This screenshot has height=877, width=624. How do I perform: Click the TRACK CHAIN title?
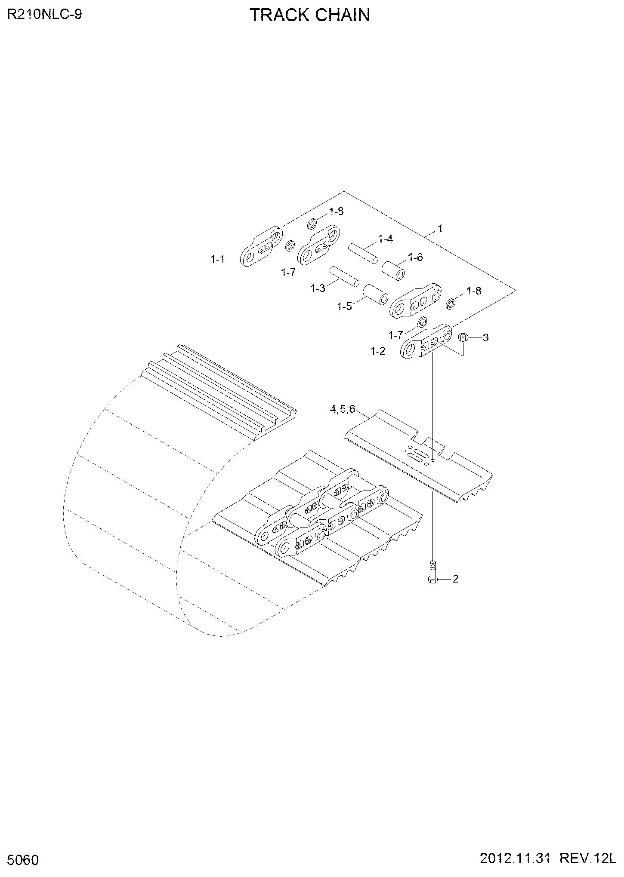coord(310,15)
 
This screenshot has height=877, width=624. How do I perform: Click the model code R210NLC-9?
coord(44,14)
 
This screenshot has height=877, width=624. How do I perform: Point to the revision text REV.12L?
coord(587,859)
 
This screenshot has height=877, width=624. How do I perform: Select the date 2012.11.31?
coord(515,859)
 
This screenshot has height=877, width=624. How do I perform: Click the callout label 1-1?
coord(217,259)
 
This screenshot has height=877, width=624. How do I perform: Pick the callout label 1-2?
coord(378,351)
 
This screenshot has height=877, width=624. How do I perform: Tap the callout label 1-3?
coord(318,288)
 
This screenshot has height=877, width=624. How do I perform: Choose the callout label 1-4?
coord(385,239)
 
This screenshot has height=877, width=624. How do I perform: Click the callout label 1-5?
coord(344,306)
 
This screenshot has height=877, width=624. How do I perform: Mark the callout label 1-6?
coord(415,257)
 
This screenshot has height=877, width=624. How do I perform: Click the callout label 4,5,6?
coord(343,409)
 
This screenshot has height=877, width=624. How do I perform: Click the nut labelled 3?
coord(463,337)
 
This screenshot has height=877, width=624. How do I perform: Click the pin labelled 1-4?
coord(364,253)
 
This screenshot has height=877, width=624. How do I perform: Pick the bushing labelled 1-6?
coord(394,270)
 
